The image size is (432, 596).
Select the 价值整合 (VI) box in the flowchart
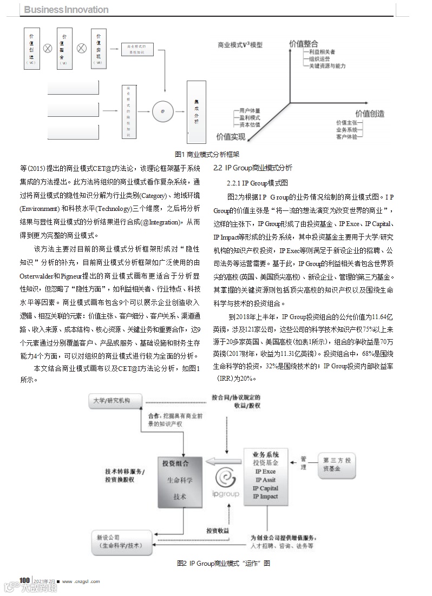click(x=64, y=49)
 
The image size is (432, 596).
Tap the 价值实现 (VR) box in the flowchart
click(x=97, y=49)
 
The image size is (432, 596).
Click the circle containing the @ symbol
click(x=162, y=111)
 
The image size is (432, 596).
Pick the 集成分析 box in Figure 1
click(x=196, y=111)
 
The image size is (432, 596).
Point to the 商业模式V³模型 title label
click(x=240, y=45)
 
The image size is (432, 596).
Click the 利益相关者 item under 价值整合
click(x=322, y=51)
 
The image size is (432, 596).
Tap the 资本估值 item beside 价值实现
click(x=250, y=124)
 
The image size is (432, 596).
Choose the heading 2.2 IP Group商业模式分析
click(x=252, y=168)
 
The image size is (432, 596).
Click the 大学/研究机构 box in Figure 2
click(x=115, y=402)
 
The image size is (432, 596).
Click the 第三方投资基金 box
click(x=337, y=465)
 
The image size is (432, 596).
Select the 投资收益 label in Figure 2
click(x=218, y=531)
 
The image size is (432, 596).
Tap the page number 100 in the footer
click(x=24, y=580)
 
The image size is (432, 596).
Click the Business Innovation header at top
click(x=67, y=10)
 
